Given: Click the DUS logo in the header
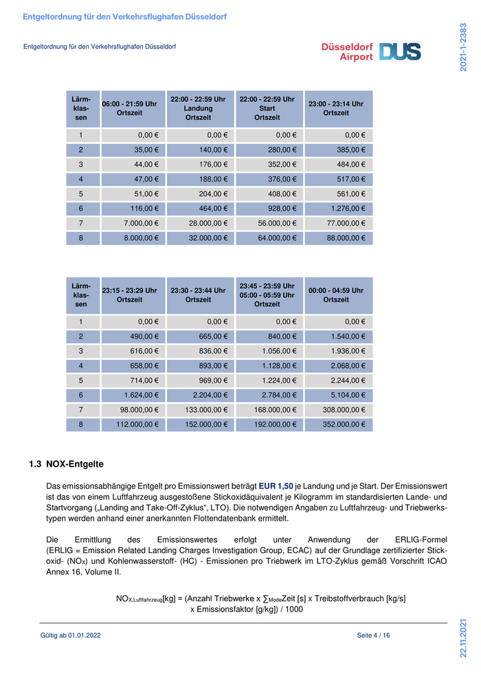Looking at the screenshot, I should click(400, 52).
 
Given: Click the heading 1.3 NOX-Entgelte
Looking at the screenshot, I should click(66, 464).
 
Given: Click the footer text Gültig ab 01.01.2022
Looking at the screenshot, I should click(71, 636).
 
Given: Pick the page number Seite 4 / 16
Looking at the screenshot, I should click(373, 636).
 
